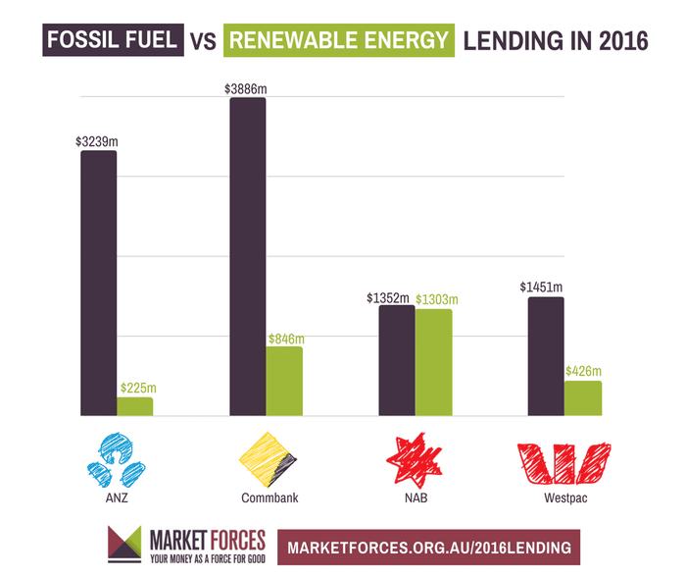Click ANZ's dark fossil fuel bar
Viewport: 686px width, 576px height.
click(98, 285)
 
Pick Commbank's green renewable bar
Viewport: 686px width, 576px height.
click(284, 382)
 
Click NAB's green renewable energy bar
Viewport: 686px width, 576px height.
click(433, 363)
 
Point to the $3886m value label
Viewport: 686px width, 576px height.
click(246, 89)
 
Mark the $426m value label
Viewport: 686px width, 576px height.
click(582, 371)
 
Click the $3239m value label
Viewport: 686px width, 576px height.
click(96, 141)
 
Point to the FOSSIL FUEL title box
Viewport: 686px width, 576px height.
click(111, 41)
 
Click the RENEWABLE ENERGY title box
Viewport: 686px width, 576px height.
click(339, 41)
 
